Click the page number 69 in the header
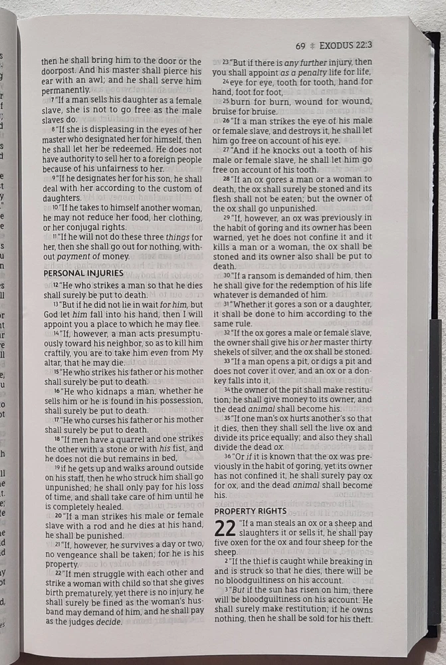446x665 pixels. coord(300,47)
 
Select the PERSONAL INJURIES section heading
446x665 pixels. coord(83,273)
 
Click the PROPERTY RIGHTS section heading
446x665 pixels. coord(250,511)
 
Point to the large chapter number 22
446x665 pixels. coord(225,529)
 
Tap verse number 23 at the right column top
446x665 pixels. coord(226,62)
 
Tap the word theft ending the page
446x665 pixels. coord(362,619)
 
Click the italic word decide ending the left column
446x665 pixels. coord(108,622)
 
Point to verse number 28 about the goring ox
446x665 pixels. coord(227,179)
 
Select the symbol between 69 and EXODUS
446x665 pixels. coord(312,47)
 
